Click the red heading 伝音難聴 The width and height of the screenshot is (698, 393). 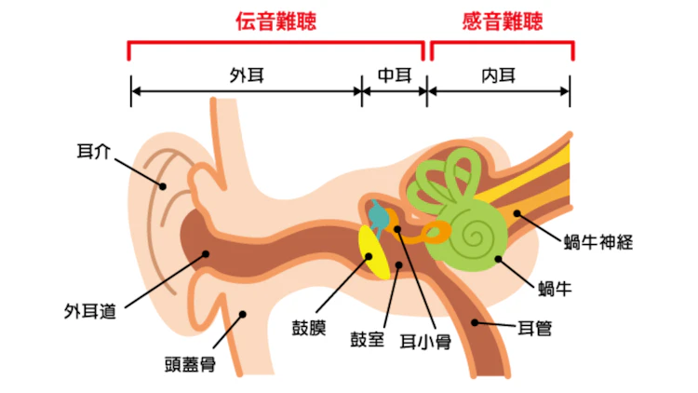pyautogui.click(x=275, y=21)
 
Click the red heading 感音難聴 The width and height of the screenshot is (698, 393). pyautogui.click(x=503, y=21)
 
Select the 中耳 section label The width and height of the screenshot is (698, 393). pyautogui.click(x=394, y=75)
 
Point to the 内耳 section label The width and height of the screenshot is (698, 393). pyautogui.click(x=500, y=75)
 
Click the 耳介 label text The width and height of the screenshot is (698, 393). pyautogui.click(x=91, y=149)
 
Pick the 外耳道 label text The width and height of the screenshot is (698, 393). pyautogui.click(x=90, y=311)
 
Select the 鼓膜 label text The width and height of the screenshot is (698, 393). pyautogui.click(x=309, y=328)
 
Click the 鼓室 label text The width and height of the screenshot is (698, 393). pyautogui.click(x=367, y=339)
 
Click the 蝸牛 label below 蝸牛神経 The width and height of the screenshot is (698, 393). pyautogui.click(x=555, y=288)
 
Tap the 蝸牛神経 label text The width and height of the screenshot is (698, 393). pyautogui.click(x=598, y=242)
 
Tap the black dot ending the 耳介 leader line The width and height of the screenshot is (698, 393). pyautogui.click(x=163, y=186)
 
